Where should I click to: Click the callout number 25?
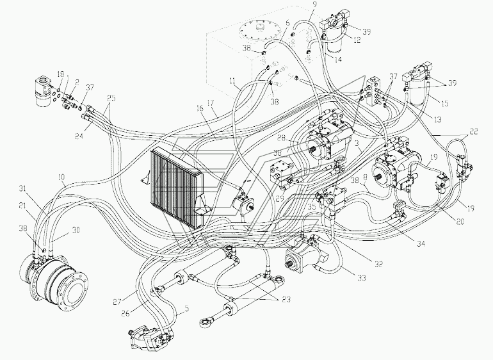click(111, 99)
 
